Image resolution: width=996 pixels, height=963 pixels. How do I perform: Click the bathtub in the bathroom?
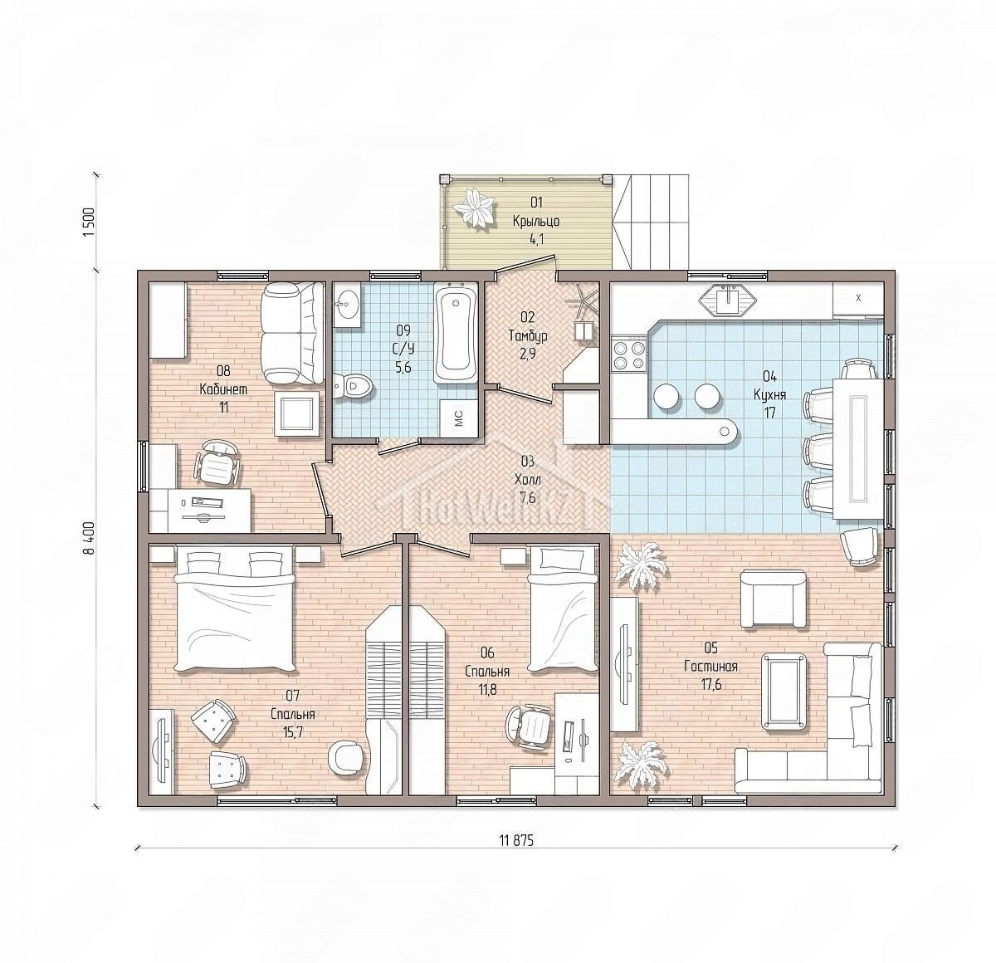point(456,332)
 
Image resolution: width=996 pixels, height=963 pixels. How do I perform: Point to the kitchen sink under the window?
point(728,300)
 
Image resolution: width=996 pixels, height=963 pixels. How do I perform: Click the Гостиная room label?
point(711,667)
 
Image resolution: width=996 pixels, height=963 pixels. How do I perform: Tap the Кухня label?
point(769,394)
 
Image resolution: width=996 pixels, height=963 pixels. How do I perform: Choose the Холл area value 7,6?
point(527,497)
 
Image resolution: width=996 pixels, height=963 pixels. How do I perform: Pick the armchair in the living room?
point(773,599)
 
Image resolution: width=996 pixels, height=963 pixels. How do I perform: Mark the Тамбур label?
point(528,336)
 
